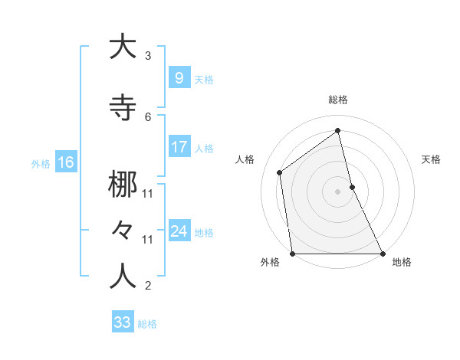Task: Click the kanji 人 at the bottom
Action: [x=123, y=277]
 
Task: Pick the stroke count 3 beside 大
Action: [x=148, y=56]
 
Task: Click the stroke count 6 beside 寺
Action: [x=148, y=116]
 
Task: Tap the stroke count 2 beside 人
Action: [x=148, y=286]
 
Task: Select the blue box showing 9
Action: [x=179, y=78]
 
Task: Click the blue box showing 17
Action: [x=179, y=147]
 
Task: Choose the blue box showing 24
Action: [x=179, y=231]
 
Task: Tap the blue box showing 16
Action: [x=65, y=162]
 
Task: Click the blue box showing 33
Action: [x=123, y=322]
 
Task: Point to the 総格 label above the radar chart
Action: [x=338, y=100]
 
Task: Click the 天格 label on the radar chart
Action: [x=431, y=159]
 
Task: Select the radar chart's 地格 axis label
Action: [x=402, y=263]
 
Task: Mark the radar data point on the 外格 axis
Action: [x=292, y=254]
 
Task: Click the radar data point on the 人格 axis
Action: [x=280, y=172]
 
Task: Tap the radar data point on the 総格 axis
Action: [x=338, y=131]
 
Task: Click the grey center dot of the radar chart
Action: [x=338, y=191]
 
